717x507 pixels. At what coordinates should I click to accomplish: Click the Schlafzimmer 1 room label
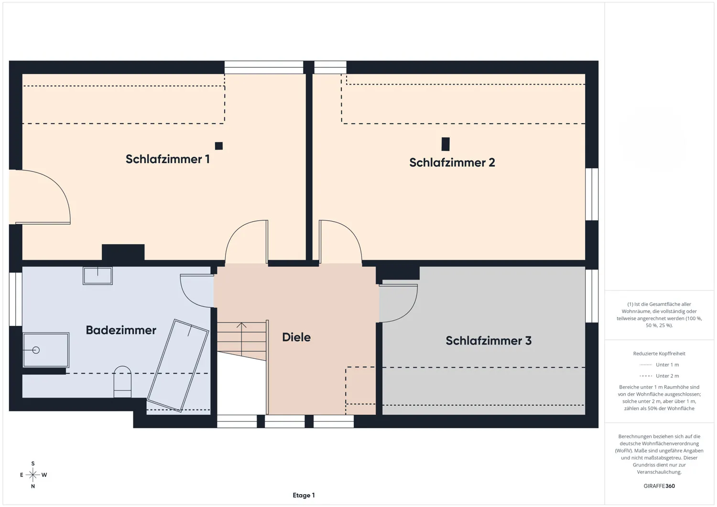pyautogui.click(x=167, y=159)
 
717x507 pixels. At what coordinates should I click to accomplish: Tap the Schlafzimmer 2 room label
pyautogui.click(x=452, y=162)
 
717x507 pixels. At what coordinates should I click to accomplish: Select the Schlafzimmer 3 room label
pyautogui.click(x=489, y=341)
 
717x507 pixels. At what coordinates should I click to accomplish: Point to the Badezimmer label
pyautogui.click(x=121, y=330)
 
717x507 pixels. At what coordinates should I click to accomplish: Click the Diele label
pyautogui.click(x=296, y=337)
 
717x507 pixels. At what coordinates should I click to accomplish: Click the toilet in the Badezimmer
pyautogui.click(x=122, y=381)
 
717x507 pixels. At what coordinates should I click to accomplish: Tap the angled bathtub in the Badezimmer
pyautogui.click(x=178, y=365)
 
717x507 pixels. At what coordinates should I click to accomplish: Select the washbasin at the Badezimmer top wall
pyautogui.click(x=98, y=276)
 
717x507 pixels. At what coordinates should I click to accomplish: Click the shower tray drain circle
pyautogui.click(x=36, y=350)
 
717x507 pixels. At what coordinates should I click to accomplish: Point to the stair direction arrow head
pyautogui.click(x=242, y=325)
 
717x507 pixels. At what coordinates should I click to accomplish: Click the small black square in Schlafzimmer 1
pyautogui.click(x=219, y=146)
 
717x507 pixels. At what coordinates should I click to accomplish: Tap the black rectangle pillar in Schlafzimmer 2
pyautogui.click(x=445, y=144)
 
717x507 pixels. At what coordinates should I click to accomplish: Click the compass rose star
pyautogui.click(x=33, y=475)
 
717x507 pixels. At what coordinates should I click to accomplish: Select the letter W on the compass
pyautogui.click(x=44, y=475)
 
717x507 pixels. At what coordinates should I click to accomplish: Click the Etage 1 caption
pyautogui.click(x=304, y=495)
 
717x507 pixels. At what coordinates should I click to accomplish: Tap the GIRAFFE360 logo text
pyautogui.click(x=659, y=486)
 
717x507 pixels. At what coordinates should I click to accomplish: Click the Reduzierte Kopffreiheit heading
pyautogui.click(x=659, y=353)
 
